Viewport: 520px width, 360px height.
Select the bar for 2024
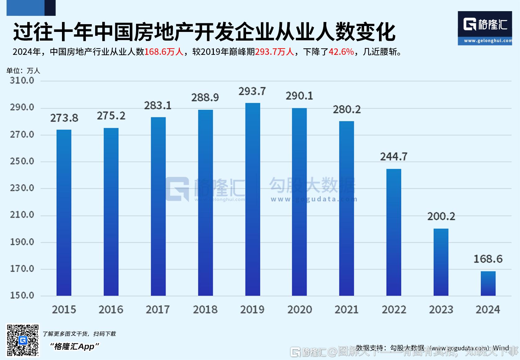click(x=488, y=283)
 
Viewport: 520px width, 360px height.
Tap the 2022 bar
click(x=394, y=232)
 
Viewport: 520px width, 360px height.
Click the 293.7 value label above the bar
click(x=252, y=91)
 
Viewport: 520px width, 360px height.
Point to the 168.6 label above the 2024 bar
click(x=488, y=259)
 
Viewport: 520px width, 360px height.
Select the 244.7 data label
click(x=394, y=157)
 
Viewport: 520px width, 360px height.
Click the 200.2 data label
click(x=441, y=217)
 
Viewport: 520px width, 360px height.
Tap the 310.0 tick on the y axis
click(x=22, y=81)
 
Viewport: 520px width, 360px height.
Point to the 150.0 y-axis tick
click(x=22, y=295)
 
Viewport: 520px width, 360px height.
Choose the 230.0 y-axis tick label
click(x=22, y=188)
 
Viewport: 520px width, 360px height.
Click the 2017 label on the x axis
click(x=158, y=310)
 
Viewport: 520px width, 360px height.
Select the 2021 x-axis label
click(x=346, y=310)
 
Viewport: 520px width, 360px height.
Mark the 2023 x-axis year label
click(x=441, y=310)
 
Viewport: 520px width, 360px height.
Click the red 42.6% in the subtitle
click(x=341, y=52)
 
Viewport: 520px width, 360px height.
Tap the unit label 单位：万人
click(x=23, y=71)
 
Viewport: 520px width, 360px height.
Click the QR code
click(x=23, y=340)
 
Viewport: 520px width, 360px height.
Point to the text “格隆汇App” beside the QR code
click(x=75, y=346)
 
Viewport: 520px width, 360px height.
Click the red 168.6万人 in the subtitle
click(x=164, y=52)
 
